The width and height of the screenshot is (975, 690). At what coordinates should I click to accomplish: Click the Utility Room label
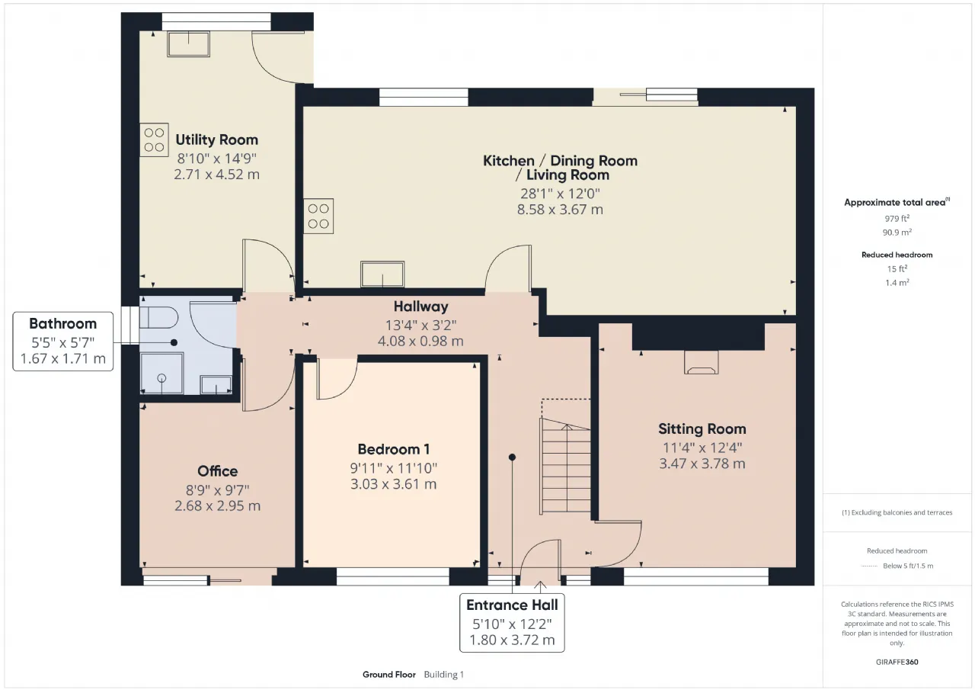coord(217,140)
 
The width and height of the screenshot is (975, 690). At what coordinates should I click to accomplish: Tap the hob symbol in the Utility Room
coord(154,140)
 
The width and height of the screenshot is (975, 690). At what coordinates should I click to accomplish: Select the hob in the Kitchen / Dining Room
coord(318,216)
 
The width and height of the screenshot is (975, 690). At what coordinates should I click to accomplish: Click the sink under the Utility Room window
coord(188,44)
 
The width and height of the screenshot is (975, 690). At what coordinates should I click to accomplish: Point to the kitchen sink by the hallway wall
coord(382,274)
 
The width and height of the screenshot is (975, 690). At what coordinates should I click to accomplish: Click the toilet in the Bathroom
coord(159,318)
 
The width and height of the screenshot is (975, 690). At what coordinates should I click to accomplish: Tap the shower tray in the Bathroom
coord(161,374)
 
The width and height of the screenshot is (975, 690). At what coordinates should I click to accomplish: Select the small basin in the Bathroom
coord(216,385)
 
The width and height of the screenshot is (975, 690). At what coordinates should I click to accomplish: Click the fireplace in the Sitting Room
coord(702,362)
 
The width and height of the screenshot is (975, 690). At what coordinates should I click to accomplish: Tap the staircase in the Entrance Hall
coord(566,466)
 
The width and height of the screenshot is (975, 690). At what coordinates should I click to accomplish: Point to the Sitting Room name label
coord(702,429)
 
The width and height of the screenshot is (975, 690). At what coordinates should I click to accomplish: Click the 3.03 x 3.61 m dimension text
coord(394,484)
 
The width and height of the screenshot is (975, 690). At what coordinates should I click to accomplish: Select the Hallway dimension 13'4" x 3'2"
coord(421,326)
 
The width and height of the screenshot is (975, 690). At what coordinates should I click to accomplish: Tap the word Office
coord(218,471)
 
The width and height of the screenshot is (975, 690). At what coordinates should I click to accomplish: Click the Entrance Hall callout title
coord(512,605)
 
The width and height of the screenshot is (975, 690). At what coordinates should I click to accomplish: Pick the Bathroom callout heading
coord(63,324)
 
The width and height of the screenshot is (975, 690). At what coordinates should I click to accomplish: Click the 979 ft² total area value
coord(897,218)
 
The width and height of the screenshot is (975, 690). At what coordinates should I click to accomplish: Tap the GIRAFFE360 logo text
coord(897,662)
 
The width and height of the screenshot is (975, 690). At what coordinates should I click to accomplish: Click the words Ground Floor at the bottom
coord(389,675)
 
